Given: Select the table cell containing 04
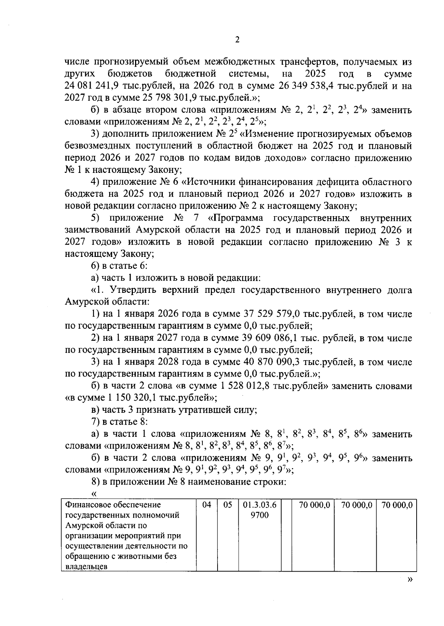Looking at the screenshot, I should [206, 505].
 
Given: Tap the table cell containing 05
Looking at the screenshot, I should [228, 505].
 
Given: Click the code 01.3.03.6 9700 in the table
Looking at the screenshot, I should [260, 510].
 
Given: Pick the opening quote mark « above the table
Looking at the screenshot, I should [94, 494].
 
